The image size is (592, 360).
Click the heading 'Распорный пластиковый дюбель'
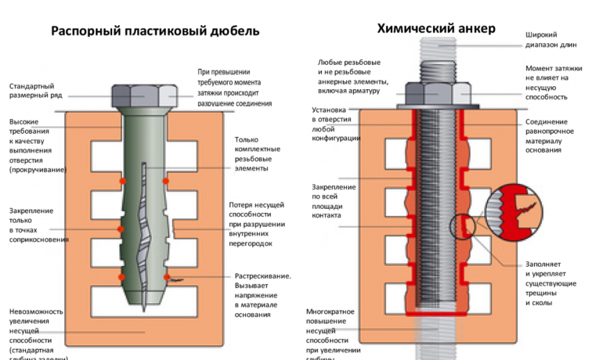click(155, 32)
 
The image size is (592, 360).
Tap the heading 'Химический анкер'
click(436, 29)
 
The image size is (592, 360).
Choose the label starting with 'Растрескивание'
click(261, 295)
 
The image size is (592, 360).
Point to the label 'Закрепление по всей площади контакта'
click(334, 201)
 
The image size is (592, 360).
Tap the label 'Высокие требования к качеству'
click(38, 145)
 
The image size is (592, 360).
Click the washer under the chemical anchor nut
click(438, 107)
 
